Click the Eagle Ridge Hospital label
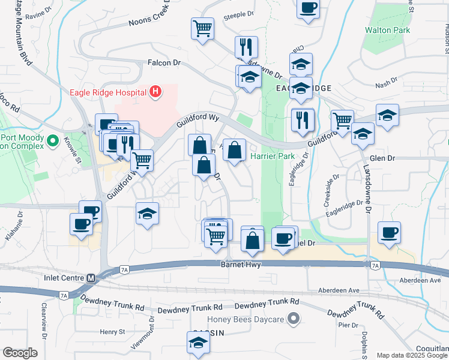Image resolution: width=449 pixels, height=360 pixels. [x=109, y=92]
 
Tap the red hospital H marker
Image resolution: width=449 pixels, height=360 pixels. [x=155, y=92]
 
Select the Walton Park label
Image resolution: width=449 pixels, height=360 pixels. [x=388, y=30]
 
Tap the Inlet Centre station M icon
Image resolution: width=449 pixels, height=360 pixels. [x=91, y=278]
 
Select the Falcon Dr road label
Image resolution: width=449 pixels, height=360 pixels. [x=164, y=62]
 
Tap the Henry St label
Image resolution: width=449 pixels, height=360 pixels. [x=112, y=331]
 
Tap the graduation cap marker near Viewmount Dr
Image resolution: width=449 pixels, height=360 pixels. [x=196, y=344]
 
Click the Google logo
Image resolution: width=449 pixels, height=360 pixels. [x=20, y=353]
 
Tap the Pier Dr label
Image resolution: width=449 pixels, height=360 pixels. [x=348, y=325]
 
